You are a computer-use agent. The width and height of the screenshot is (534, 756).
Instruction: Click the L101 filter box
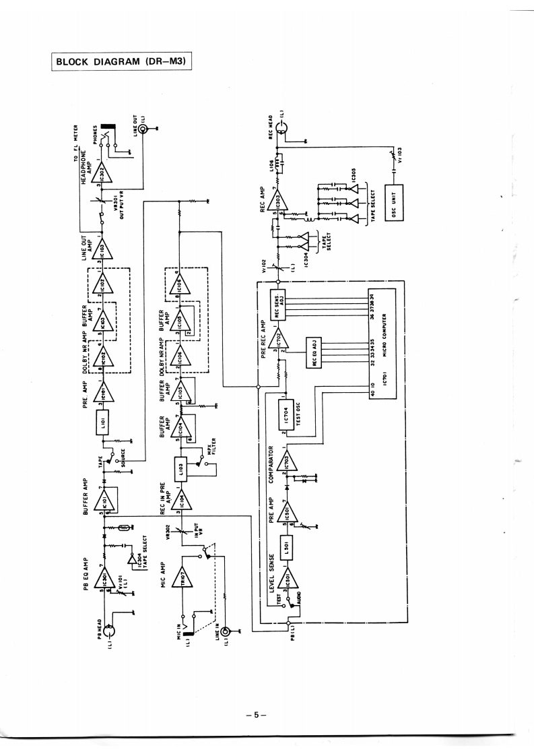[x=102, y=420]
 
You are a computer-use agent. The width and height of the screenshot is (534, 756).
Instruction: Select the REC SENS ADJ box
[x=279, y=300]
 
